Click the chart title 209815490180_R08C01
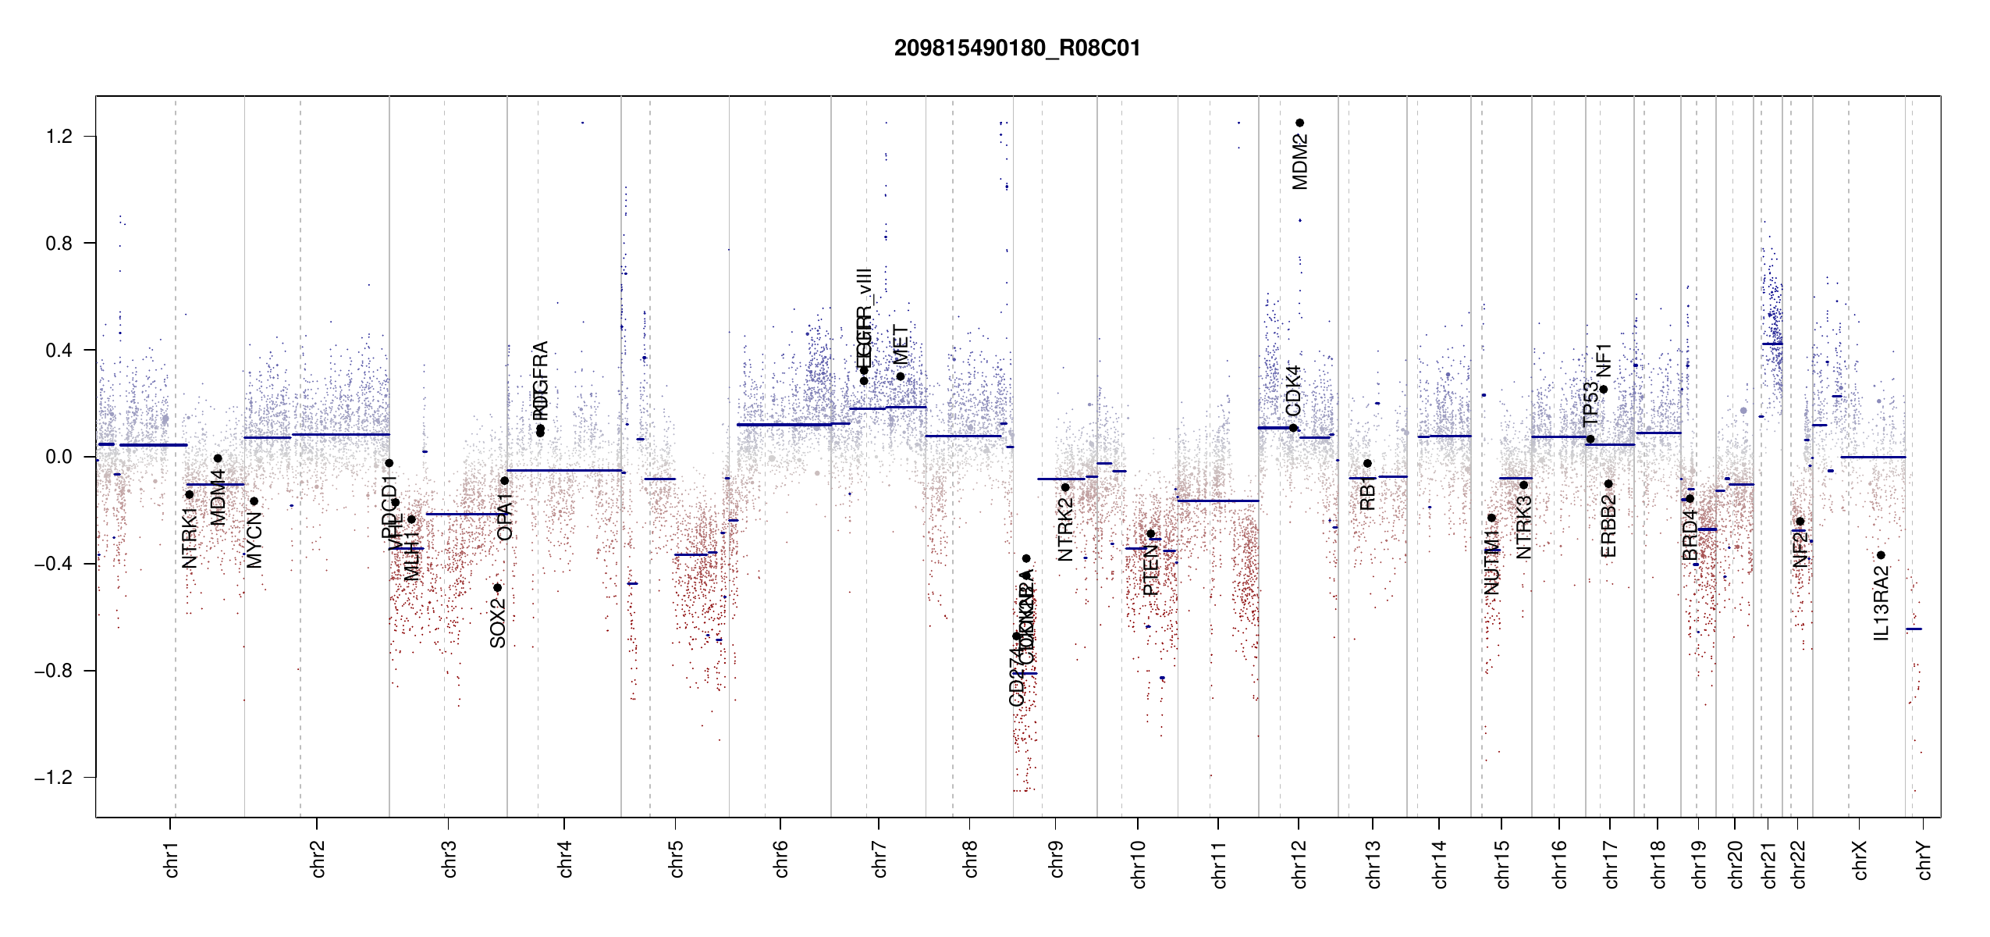[x=1017, y=48]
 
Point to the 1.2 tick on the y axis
[x=59, y=137]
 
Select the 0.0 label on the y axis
[x=59, y=457]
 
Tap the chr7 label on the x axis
[x=880, y=859]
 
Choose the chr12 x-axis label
[x=1299, y=864]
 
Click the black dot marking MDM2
[x=1300, y=123]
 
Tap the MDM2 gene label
[x=1300, y=162]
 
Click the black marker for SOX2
[x=498, y=588]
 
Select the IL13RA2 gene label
[x=1882, y=604]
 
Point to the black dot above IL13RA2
[x=1881, y=555]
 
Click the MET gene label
[x=901, y=344]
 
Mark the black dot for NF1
[x=1604, y=389]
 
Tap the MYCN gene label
[x=254, y=540]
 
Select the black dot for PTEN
[x=1150, y=534]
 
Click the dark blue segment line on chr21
[x=1772, y=344]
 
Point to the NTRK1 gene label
[x=190, y=537]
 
